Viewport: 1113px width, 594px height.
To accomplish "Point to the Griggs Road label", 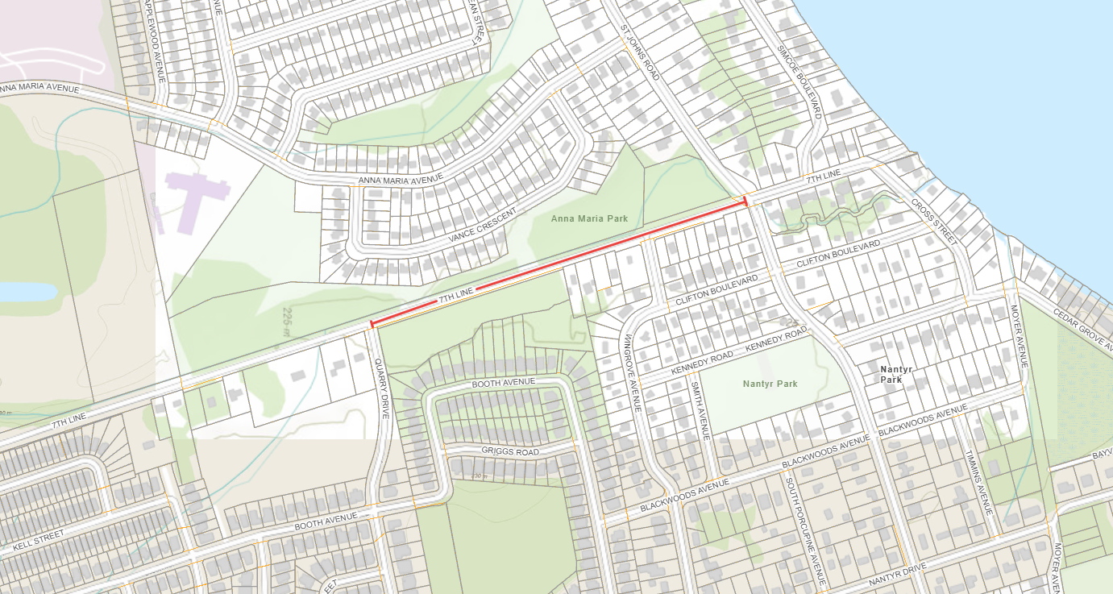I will [509, 452].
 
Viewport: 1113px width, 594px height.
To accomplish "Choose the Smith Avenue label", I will [700, 410].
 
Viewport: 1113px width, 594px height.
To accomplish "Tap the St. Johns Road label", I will [641, 49].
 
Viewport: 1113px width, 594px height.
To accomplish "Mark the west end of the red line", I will [372, 325].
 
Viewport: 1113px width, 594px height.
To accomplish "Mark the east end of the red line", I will [745, 201].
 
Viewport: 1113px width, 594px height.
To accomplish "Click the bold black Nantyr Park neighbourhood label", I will [895, 374].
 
